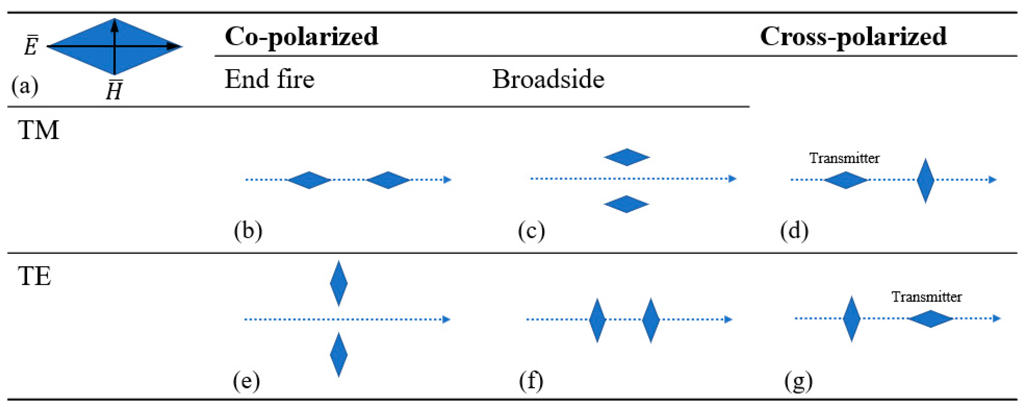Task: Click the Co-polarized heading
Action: [301, 37]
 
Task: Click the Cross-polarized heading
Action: [853, 37]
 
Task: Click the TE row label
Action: [35, 276]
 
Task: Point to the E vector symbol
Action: [31, 47]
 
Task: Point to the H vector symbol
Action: [114, 91]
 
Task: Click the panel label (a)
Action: [25, 85]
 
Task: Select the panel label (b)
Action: [248, 230]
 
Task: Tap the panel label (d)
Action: [794, 230]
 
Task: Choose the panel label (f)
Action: [531, 381]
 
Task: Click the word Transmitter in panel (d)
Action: [844, 158]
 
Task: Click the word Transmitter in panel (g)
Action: [926, 297]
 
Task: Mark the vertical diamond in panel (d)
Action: [925, 181]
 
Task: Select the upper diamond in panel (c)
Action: [626, 157]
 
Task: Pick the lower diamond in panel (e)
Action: [339, 355]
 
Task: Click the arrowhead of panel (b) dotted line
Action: [447, 180]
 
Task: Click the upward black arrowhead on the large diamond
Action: [114, 25]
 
